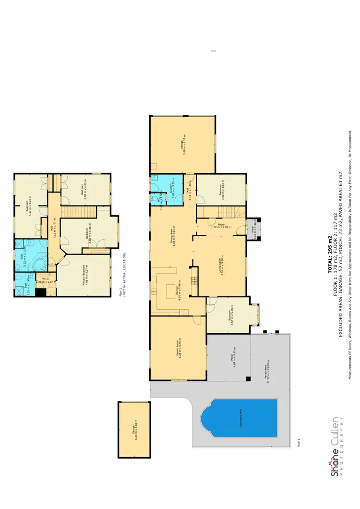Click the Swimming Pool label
tap(239, 418)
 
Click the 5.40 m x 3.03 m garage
tap(134, 429)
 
